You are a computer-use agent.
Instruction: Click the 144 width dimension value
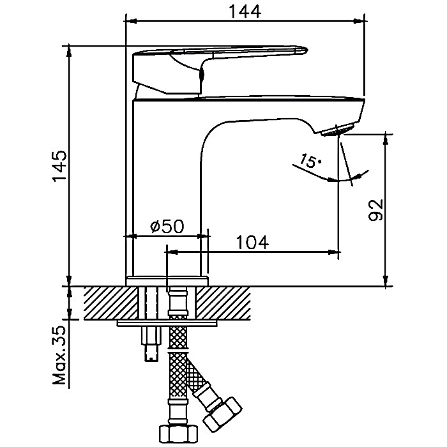pyautogui.click(x=245, y=11)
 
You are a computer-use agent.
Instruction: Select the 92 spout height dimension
pyautogui.click(x=376, y=209)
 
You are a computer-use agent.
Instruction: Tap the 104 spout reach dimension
pyautogui.click(x=252, y=242)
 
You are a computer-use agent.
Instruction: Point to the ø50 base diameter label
pyautogui.click(x=167, y=227)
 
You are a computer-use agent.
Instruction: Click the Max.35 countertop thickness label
pyautogui.click(x=59, y=358)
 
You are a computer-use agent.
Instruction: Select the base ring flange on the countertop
pyautogui.click(x=167, y=281)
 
